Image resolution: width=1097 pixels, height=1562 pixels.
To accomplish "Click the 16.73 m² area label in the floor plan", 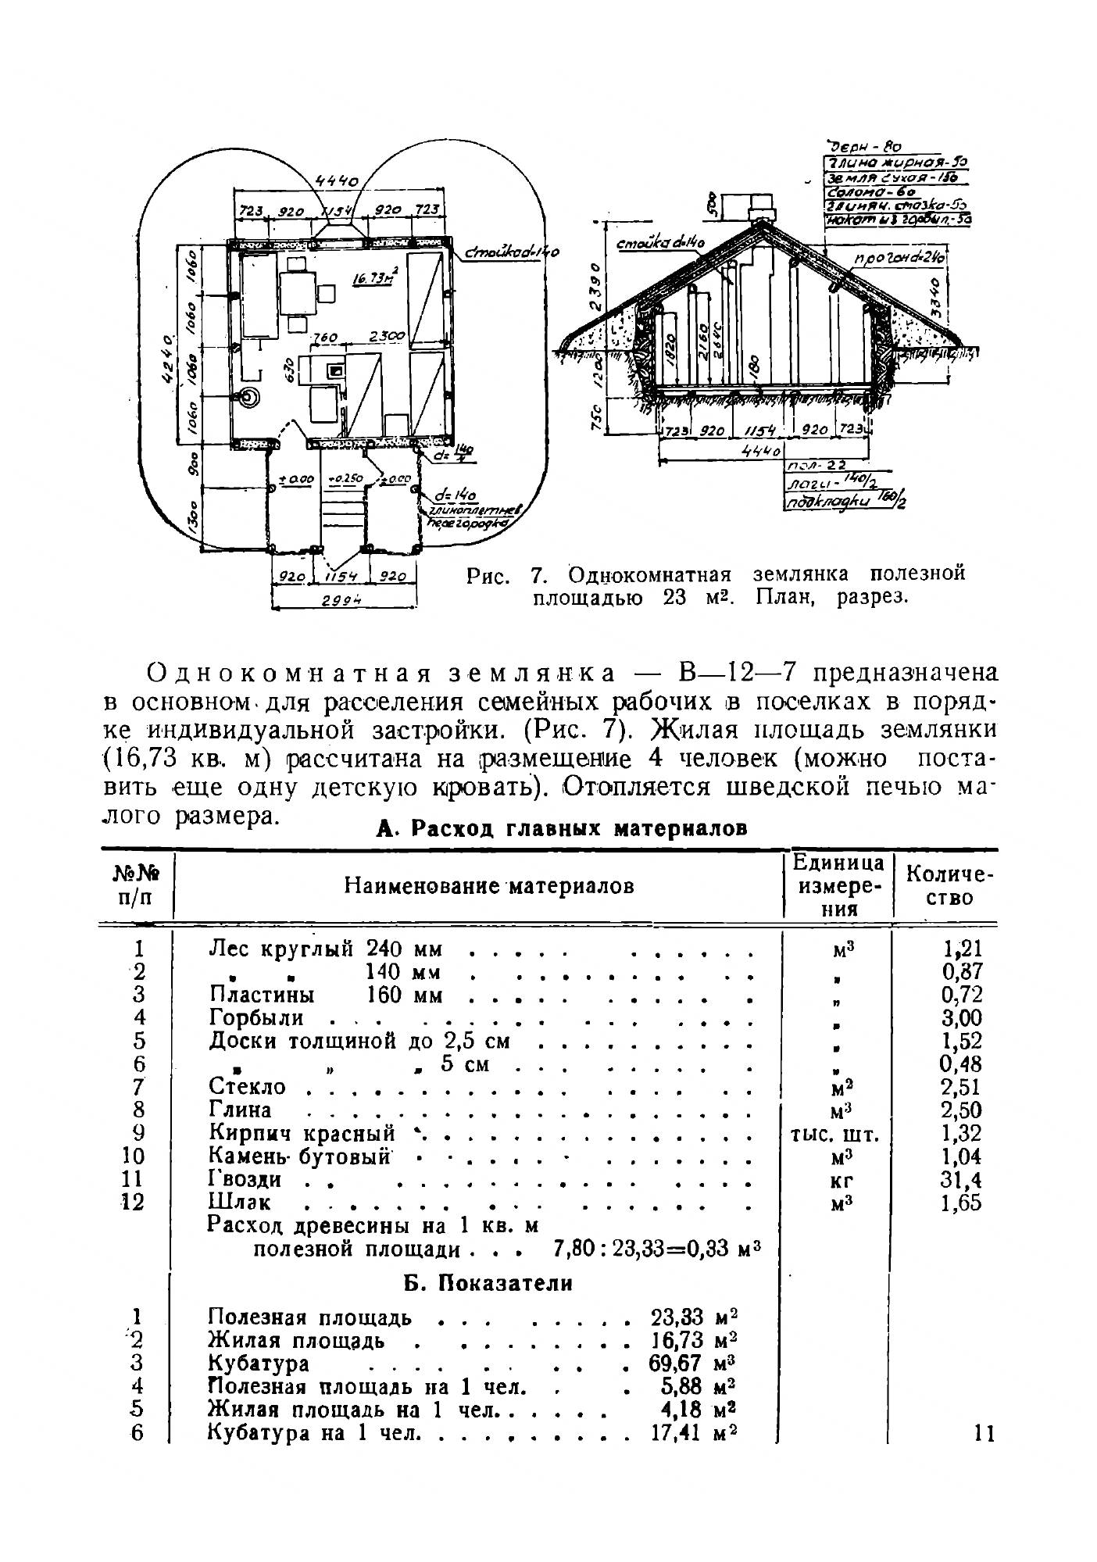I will (373, 277).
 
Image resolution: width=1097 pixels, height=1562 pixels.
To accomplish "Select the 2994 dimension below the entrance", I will (345, 600).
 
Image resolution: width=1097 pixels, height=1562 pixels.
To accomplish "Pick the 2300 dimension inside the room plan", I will (386, 337).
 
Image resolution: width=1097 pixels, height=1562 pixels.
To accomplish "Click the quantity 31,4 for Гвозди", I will (961, 1179).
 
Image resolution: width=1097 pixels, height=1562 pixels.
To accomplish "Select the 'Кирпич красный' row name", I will (302, 1133).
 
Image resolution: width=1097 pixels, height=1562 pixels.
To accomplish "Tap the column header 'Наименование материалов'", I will (489, 885).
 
